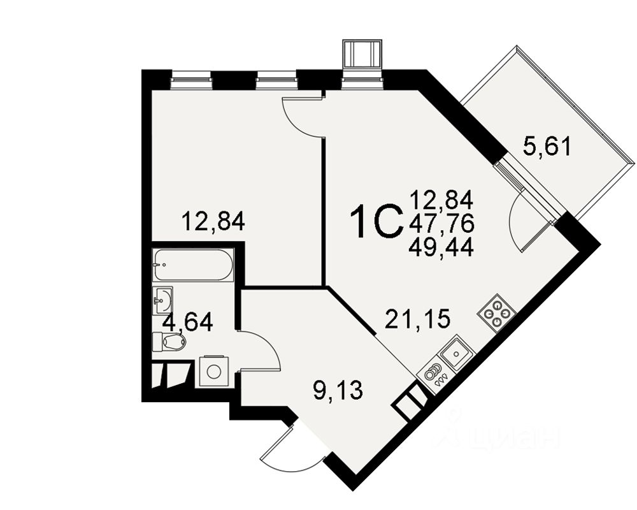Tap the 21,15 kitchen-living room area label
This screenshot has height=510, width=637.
(x=417, y=317)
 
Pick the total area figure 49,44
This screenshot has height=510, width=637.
(x=441, y=246)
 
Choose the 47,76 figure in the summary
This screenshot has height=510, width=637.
(x=441, y=224)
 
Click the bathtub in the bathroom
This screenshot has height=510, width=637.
(x=193, y=265)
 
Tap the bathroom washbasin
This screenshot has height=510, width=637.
(x=163, y=300)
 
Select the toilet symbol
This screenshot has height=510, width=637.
(x=169, y=342)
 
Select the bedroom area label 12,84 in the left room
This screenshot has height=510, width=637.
(x=213, y=222)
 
